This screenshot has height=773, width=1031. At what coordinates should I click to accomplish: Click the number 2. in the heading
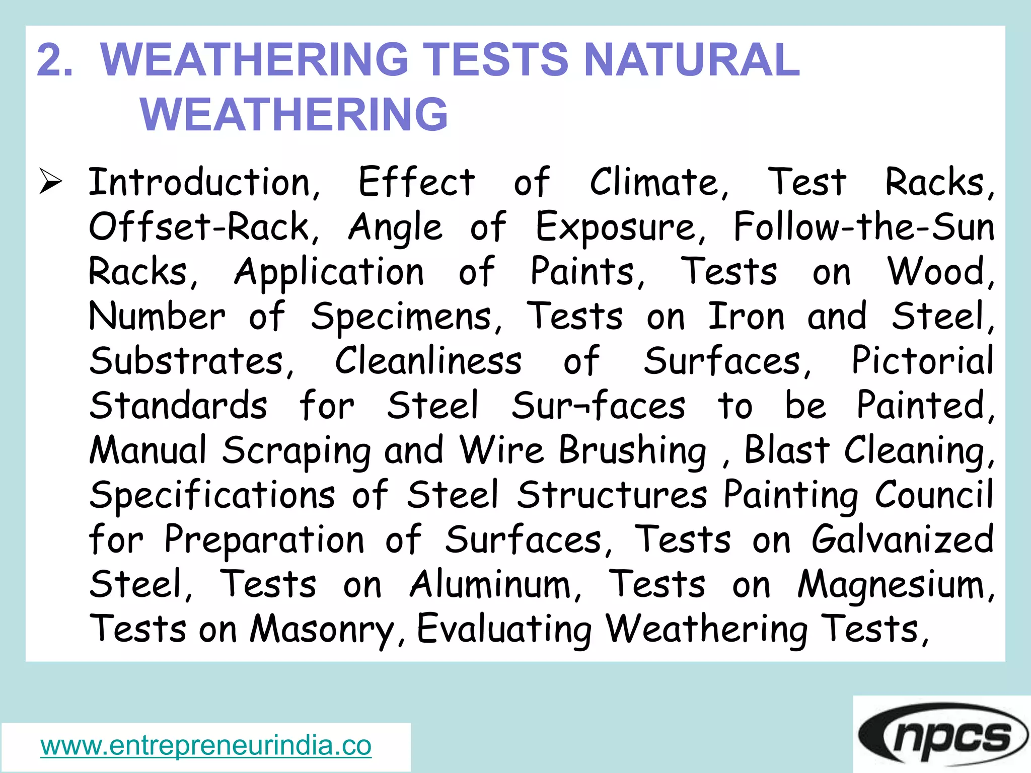[55, 60]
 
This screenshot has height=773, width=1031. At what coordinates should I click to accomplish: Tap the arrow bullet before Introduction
[51, 182]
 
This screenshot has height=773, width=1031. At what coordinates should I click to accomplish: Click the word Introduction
[204, 182]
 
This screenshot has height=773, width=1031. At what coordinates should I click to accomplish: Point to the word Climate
[658, 182]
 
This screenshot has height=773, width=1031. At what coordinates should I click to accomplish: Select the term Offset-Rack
[204, 227]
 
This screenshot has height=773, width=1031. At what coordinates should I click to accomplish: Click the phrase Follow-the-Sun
[863, 227]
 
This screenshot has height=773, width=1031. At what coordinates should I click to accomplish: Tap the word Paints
[587, 272]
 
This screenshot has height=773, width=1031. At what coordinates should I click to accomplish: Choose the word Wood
[939, 272]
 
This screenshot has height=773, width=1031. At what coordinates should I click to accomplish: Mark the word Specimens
[406, 318]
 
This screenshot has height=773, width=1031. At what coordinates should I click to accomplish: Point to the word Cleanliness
[428, 361]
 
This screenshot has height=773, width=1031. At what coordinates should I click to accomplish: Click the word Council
[934, 494]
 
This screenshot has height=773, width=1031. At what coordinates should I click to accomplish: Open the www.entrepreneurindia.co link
[206, 745]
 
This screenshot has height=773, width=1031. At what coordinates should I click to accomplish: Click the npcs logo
[942, 735]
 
